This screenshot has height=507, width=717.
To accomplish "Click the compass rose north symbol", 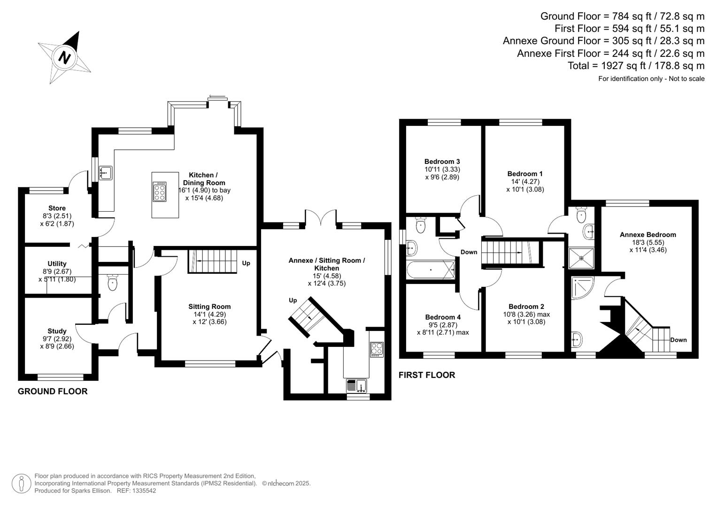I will (x=65, y=57).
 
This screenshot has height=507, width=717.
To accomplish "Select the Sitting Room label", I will (x=209, y=307).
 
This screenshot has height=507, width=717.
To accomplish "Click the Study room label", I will (x=57, y=331).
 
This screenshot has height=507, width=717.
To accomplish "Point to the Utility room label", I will (x=57, y=264).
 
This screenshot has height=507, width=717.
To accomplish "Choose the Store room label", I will (x=57, y=208).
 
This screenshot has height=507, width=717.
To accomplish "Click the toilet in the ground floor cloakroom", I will (x=112, y=283).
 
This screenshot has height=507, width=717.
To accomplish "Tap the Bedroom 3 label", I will (x=442, y=161).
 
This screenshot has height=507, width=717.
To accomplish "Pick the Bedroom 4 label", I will (x=443, y=317).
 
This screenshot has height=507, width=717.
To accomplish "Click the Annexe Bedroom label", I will (x=648, y=235).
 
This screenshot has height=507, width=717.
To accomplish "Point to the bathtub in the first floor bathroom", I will (x=431, y=270).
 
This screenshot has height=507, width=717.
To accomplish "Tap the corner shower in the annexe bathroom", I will (x=583, y=287).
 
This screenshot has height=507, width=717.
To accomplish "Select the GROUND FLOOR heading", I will (x=53, y=391).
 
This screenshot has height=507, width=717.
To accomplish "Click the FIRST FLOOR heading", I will (x=427, y=375).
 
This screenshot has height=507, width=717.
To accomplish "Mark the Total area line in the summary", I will (x=636, y=66).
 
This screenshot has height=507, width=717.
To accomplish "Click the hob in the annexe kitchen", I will (x=377, y=349).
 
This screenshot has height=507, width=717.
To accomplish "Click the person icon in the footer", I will (x=21, y=484).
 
